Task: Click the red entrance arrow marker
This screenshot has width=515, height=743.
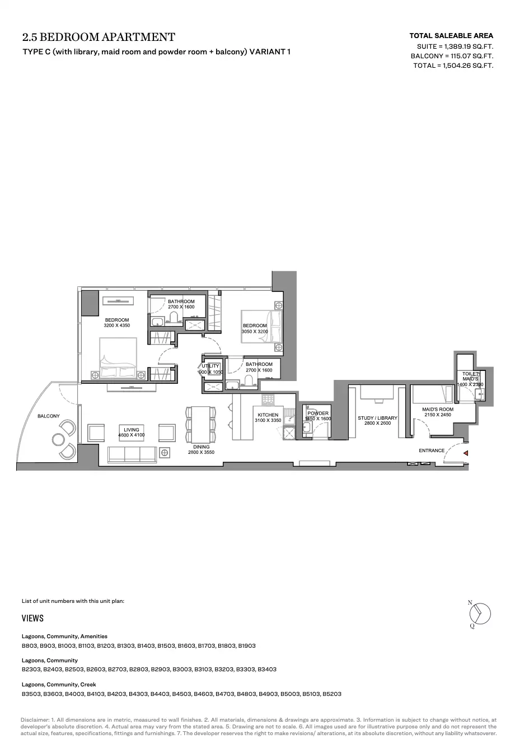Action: (x=466, y=453)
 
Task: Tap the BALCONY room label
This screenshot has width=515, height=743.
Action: (x=48, y=416)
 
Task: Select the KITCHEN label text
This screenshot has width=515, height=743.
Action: (x=268, y=415)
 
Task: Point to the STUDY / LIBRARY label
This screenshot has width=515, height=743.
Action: (x=377, y=418)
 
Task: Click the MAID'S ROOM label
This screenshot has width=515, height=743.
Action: (x=437, y=409)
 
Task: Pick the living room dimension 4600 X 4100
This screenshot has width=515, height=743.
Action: (x=131, y=435)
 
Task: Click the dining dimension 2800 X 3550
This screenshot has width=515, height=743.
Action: (x=201, y=452)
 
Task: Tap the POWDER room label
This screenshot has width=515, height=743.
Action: (x=318, y=414)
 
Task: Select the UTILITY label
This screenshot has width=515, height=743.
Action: (x=210, y=366)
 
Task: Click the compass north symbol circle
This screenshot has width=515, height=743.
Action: (x=480, y=614)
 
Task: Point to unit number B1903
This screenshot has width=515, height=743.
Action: (x=246, y=646)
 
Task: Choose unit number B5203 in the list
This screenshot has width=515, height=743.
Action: (x=332, y=694)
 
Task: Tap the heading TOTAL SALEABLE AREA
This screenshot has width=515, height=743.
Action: (x=451, y=36)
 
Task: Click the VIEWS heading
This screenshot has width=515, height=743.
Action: (x=32, y=618)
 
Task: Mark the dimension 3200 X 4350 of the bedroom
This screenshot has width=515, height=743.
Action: (x=116, y=326)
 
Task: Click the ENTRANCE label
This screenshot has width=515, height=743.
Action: (x=432, y=451)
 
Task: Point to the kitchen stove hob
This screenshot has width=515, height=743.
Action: (x=267, y=401)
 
